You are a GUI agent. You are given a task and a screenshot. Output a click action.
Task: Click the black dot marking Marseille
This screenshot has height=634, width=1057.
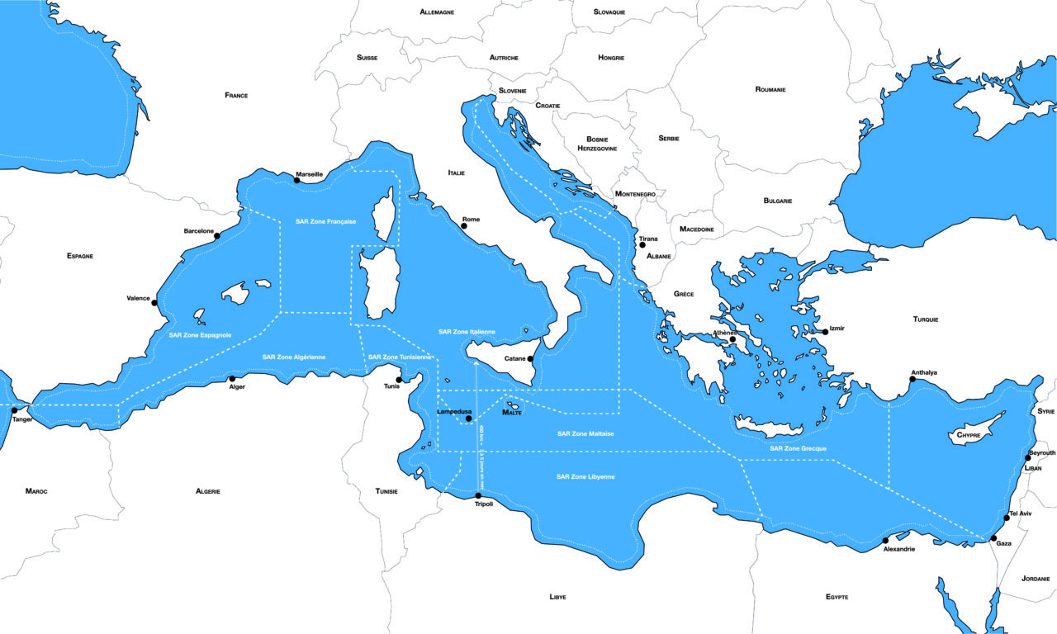tap(297, 180)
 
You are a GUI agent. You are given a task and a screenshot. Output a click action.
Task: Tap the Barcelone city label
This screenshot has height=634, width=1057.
tap(198, 231)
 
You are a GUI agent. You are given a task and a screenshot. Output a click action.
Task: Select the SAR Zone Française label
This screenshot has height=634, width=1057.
tap(325, 222)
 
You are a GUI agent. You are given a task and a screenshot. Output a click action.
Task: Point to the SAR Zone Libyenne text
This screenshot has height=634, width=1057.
tap(585, 477)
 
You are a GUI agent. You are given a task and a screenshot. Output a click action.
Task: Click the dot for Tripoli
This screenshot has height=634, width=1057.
tap(478, 496)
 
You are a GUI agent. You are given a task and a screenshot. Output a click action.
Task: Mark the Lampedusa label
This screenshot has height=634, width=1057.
tap(454, 410)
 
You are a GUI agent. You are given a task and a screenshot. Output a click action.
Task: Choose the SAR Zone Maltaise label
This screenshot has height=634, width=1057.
tap(585, 433)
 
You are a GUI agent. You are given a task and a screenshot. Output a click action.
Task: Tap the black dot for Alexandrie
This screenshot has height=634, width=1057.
tap(886, 541)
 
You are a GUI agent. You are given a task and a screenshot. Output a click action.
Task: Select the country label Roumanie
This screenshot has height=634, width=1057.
tap(770, 89)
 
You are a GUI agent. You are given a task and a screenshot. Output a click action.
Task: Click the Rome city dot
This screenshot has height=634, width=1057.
tap(465, 228)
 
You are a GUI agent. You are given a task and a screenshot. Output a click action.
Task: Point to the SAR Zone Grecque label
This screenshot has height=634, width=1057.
tap(799, 448)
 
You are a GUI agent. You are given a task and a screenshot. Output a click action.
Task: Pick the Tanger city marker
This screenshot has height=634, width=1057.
tap(15, 410)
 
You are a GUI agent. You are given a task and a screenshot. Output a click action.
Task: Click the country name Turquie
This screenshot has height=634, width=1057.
tap(926, 319)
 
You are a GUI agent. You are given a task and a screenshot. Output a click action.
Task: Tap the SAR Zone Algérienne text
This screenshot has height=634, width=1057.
tap(294, 357)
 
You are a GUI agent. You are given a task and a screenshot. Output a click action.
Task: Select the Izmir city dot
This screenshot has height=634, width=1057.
tap(825, 332)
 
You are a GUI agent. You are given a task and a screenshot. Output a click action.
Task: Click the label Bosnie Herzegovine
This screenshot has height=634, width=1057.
tap(597, 144)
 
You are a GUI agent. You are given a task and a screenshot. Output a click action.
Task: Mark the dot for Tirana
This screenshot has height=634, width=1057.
tap(642, 245)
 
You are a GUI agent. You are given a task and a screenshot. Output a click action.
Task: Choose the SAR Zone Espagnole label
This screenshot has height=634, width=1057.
tap(200, 335)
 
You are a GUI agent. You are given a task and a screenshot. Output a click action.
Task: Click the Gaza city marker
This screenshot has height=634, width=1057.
tap(993, 537)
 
